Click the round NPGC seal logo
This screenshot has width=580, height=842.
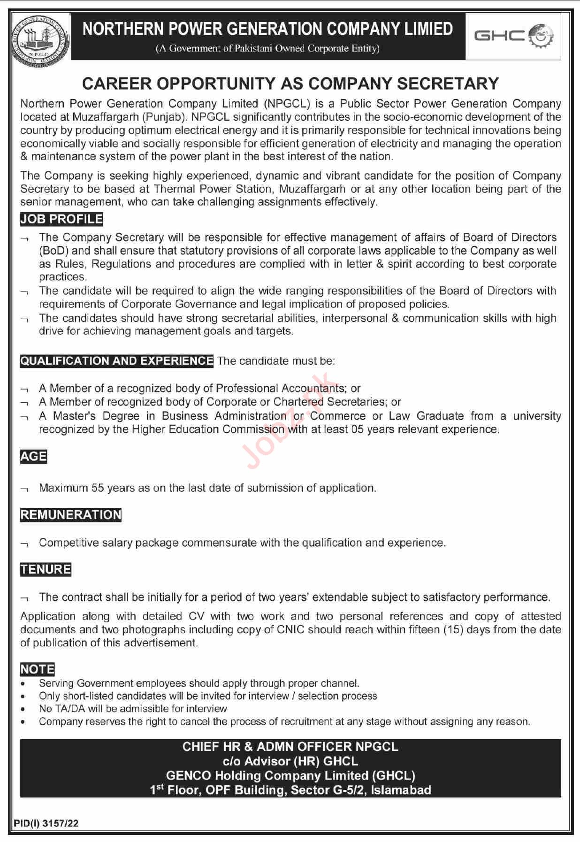coord(41,37)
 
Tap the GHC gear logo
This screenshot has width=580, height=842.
coord(513,36)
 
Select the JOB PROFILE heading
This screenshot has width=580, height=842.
coord(61,219)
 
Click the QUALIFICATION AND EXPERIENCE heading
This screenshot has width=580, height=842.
coord(117,361)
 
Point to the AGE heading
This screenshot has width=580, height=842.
coord(33,456)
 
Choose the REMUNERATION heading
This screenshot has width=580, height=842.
coord(71,515)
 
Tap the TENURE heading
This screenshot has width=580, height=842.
coord(46,569)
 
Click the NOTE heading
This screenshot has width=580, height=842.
coord(38,669)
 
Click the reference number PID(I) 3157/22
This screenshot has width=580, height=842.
coord(46,823)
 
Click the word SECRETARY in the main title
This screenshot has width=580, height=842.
coord(448,84)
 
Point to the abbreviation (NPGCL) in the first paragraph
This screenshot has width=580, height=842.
coord(287,104)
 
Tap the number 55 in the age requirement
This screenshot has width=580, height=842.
coord(98,488)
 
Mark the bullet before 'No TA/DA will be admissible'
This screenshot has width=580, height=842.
coord(23,709)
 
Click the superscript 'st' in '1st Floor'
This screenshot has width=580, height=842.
coord(160,787)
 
